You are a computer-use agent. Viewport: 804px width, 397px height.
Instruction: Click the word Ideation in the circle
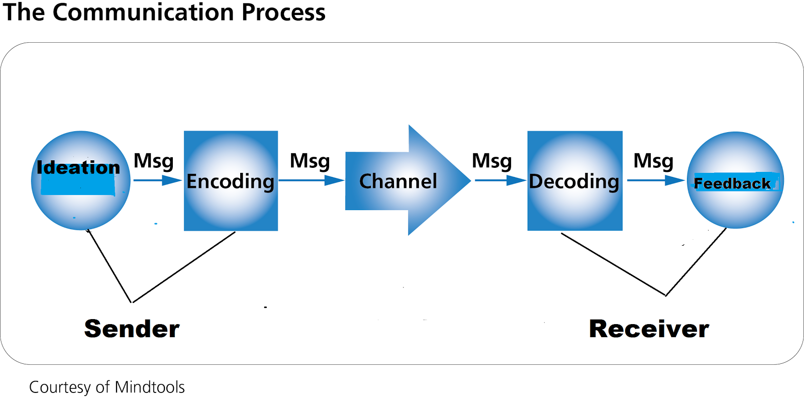tap(78, 167)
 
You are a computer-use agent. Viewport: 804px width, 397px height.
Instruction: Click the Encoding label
tap(231, 181)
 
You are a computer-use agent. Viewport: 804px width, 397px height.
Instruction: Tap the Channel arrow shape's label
tap(398, 181)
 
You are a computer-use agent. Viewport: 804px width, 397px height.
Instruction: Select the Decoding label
tap(574, 181)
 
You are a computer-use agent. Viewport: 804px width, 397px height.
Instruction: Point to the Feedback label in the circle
tap(732, 183)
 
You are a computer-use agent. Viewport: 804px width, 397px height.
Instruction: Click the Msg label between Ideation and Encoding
tap(154, 161)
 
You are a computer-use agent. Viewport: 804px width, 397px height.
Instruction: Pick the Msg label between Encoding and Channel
tap(310, 161)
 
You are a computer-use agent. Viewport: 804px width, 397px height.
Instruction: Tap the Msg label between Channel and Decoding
tap(492, 161)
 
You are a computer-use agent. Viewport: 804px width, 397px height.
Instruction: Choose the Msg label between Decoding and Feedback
tap(653, 161)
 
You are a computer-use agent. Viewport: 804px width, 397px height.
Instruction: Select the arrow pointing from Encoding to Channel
tap(312, 180)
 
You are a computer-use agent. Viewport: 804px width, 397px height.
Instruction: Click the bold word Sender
tap(132, 329)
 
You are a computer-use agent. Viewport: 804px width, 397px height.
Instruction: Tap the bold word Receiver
tap(649, 329)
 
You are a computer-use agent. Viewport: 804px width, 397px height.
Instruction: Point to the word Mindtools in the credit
tap(150, 387)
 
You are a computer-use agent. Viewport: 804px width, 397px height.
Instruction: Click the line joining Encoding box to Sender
tap(183, 267)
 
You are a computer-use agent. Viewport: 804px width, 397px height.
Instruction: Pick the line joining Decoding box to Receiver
tap(613, 264)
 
